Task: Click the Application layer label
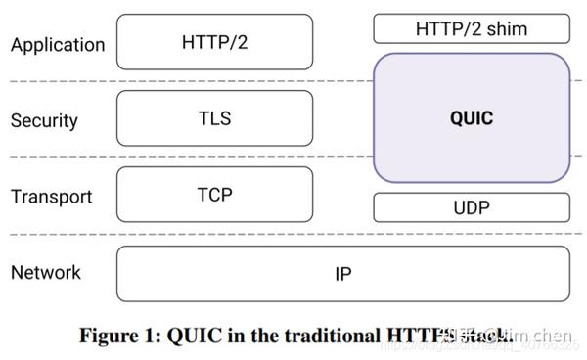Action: click(x=57, y=45)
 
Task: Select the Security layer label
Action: click(x=44, y=121)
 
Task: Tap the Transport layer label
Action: click(x=51, y=197)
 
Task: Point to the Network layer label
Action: click(x=46, y=272)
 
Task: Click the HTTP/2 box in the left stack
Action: click(x=214, y=42)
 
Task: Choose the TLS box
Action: click(x=214, y=118)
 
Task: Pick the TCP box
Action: click(x=214, y=195)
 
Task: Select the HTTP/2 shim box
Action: click(x=471, y=28)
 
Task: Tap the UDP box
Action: click(x=471, y=207)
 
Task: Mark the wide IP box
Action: click(x=342, y=274)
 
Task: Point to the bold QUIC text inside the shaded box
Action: click(x=471, y=119)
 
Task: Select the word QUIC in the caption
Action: click(x=192, y=334)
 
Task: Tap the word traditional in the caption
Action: click(x=319, y=334)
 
